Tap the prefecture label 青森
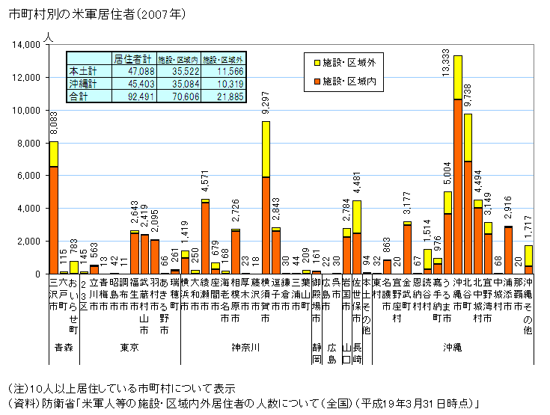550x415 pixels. tap(64, 348)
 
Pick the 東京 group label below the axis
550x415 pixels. tap(129, 348)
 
